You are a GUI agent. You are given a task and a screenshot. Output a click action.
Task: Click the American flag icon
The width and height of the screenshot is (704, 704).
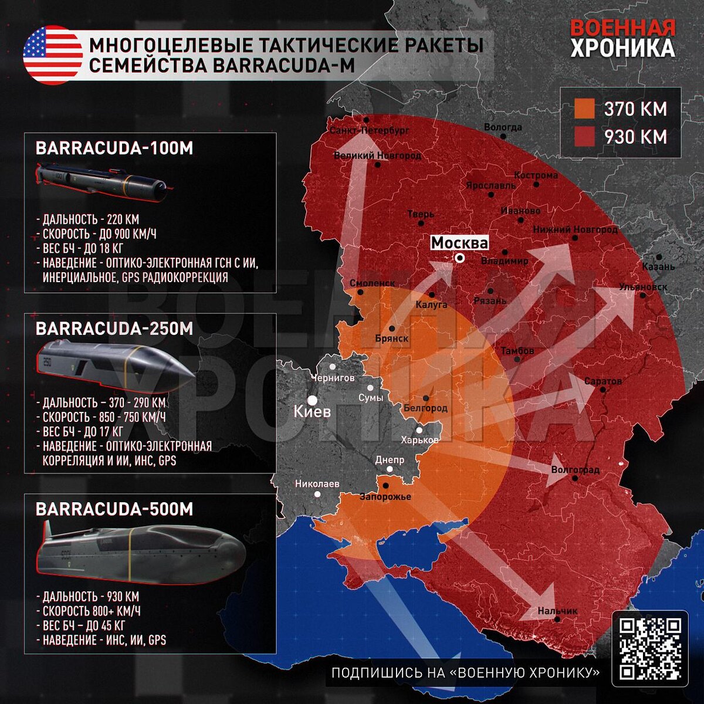tap(53, 55)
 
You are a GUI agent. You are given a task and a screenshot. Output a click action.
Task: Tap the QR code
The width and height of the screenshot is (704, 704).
tap(650, 648)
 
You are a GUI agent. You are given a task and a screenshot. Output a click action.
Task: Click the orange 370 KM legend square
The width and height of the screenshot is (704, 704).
tap(584, 109)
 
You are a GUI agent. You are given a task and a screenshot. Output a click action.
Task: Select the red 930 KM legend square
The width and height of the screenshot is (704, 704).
tap(584, 137)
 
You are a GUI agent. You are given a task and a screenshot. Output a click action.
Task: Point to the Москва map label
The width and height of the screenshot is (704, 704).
tap(459, 243)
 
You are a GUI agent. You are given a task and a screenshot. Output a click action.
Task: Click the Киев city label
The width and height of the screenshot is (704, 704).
tap(312, 411)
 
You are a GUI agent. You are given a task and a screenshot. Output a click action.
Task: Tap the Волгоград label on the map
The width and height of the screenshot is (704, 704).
tap(575, 470)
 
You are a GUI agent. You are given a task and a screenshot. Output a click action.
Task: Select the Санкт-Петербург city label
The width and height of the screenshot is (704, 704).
tap(370, 130)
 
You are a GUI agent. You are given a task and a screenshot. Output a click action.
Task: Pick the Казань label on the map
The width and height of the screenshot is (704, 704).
tap(658, 267)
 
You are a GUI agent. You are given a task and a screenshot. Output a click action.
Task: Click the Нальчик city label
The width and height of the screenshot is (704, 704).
tap(557, 611)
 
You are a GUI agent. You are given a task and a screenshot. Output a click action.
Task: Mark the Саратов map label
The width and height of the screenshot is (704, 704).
tap(603, 381)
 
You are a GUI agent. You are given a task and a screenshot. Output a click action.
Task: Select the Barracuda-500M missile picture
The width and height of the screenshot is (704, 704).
tap(141, 549)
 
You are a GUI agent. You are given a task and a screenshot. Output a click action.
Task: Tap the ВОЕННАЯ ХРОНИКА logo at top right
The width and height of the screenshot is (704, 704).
tap(622, 39)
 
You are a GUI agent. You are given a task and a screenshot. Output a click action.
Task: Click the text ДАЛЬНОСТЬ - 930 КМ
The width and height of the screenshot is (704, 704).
tap(91, 597)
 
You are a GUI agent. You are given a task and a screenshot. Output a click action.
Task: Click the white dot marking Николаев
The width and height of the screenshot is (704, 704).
tap(318, 495)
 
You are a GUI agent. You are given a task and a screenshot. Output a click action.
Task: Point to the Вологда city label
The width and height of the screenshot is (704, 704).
tap(503, 127)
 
